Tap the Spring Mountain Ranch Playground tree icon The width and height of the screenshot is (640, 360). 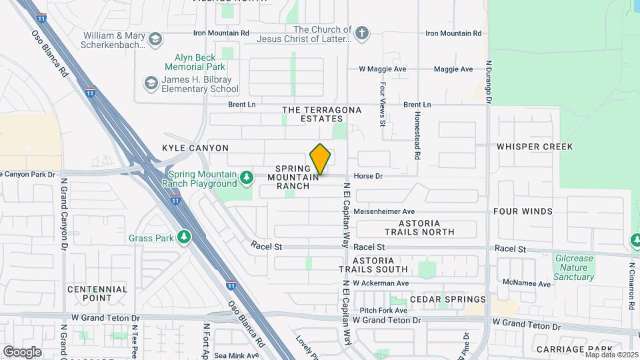point(247,177)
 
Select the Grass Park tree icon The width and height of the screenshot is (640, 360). point(183,237)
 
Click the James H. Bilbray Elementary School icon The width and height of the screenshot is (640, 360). point(150,83)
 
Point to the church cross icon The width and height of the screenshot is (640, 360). point(362,33)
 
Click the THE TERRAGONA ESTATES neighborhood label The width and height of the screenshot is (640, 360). point(321,114)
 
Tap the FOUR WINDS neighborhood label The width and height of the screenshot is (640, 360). point(523,211)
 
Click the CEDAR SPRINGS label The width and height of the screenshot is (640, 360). point(448,299)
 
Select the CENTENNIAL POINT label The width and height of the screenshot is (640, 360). point(97,293)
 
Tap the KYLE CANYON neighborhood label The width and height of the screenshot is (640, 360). point(195,148)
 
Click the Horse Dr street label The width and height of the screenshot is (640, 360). point(368,177)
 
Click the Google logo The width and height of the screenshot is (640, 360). point(22,351)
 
